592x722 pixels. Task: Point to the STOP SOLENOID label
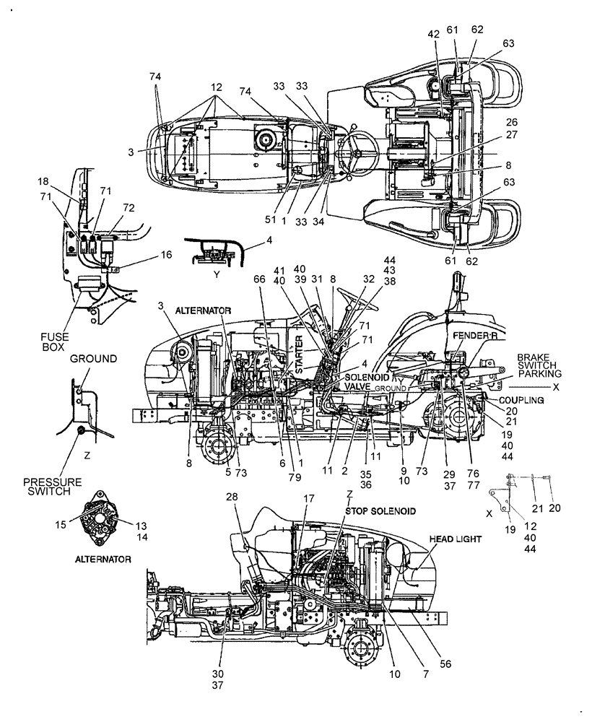(380, 510)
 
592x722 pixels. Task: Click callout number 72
(129, 207)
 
